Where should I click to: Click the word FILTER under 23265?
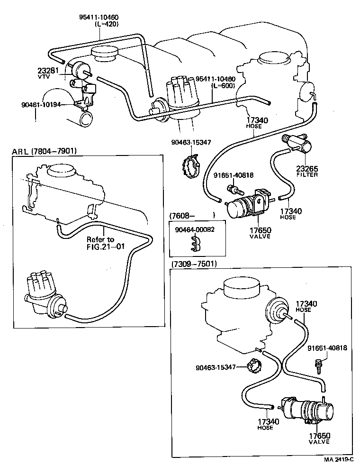tap(307, 174)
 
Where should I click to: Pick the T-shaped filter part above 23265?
tap(296, 143)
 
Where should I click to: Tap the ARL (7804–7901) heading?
tap(44, 151)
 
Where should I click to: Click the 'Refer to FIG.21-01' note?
tap(100, 242)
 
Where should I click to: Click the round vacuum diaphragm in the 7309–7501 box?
tap(276, 311)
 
